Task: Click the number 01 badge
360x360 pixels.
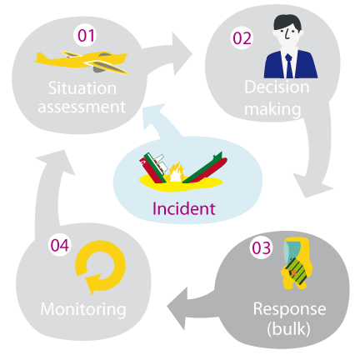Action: pyautogui.click(x=86, y=36)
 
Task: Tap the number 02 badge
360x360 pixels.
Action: pyautogui.click(x=242, y=38)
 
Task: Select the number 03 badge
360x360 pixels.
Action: pyautogui.click(x=261, y=247)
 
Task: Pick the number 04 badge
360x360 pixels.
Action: pyautogui.click(x=60, y=245)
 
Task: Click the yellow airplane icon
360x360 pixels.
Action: pyautogui.click(x=82, y=62)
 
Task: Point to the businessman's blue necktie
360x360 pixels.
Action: pyautogui.click(x=289, y=66)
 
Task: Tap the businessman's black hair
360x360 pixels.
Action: pyautogui.click(x=287, y=22)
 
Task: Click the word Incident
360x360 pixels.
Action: pyautogui.click(x=184, y=208)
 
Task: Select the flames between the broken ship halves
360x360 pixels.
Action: pyautogui.click(x=174, y=173)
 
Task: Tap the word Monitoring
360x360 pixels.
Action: pyautogui.click(x=83, y=310)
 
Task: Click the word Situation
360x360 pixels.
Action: pyautogui.click(x=82, y=88)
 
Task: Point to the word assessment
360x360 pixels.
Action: pyautogui.click(x=82, y=107)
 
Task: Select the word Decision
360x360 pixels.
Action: pyautogui.click(x=277, y=87)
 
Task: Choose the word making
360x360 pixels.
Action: pyautogui.click(x=272, y=109)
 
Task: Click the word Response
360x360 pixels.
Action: pyautogui.click(x=289, y=309)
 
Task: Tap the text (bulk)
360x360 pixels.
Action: pyautogui.click(x=288, y=329)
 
